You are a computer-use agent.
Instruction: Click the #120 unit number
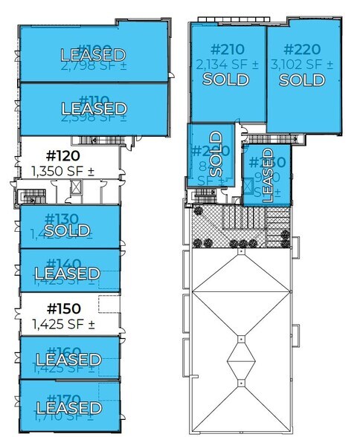[62, 157]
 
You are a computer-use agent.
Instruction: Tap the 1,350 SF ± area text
[62, 172]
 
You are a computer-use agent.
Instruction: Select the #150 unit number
[62, 308]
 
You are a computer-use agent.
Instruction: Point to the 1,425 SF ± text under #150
[62, 323]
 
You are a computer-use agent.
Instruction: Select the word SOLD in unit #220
[301, 80]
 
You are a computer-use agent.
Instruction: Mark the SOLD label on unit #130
[67, 231]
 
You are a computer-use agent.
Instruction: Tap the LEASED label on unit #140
[67, 273]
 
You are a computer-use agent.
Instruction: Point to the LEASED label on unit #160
[68, 360]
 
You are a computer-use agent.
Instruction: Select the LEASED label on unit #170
[68, 408]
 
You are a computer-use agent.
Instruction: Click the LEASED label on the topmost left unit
[92, 54]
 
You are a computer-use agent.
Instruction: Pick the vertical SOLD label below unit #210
[216, 152]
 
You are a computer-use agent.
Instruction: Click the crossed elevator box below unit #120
[74, 188]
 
